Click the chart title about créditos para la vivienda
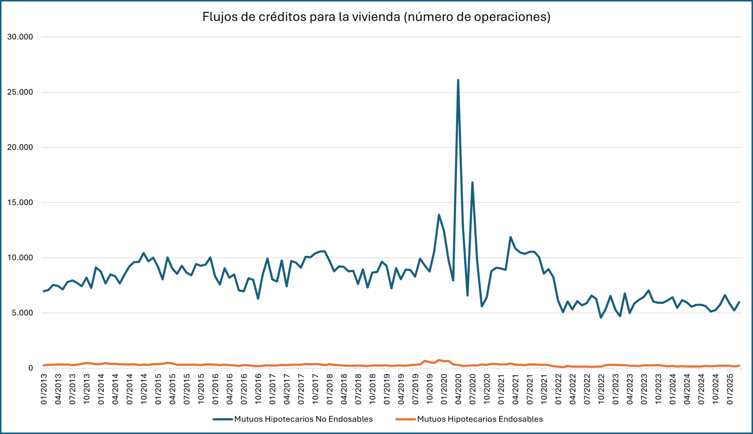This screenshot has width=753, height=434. pos(376,17)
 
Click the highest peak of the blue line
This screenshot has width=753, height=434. pos(458,80)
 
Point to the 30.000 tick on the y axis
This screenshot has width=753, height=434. pos(20,37)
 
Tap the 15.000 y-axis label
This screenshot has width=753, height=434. pos(20,203)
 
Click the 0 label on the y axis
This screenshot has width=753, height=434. pos(30,368)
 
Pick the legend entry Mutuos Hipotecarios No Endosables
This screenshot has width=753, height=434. pos(303,419)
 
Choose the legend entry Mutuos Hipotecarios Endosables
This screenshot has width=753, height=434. pos(480,419)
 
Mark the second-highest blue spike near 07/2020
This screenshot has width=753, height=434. pos(472,183)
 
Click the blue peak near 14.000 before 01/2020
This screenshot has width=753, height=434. pos(439,215)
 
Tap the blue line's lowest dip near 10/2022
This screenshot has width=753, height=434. pos(601,317)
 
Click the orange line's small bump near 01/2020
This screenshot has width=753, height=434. pos(439,360)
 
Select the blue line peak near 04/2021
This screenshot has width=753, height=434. pos(510,237)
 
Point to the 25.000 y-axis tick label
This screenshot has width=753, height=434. pos(20,92)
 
